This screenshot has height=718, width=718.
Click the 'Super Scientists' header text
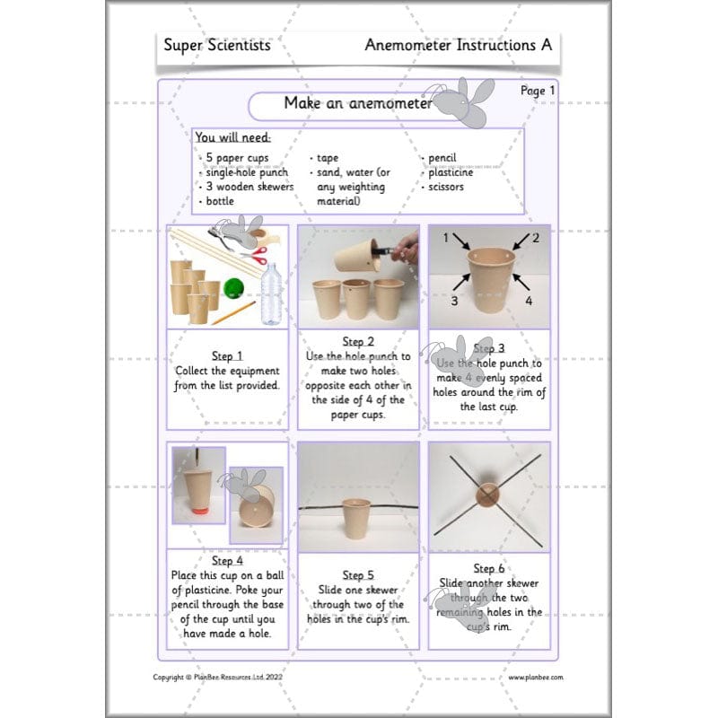pyautogui.click(x=216, y=45)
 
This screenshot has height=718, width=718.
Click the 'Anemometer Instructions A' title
pyautogui.click(x=458, y=45)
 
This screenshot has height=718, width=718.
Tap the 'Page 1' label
pyautogui.click(x=538, y=90)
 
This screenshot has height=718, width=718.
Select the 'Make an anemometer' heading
pyautogui.click(x=357, y=103)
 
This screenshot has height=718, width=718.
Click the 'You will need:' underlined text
pyautogui.click(x=232, y=138)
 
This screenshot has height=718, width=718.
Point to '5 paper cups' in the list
pyautogui.click(x=236, y=158)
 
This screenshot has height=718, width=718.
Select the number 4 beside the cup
pyautogui.click(x=529, y=301)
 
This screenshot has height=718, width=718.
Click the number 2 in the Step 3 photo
pyautogui.click(x=535, y=238)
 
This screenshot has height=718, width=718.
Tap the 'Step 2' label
pyautogui.click(x=357, y=342)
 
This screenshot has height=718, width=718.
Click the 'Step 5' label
pyautogui.click(x=357, y=574)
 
